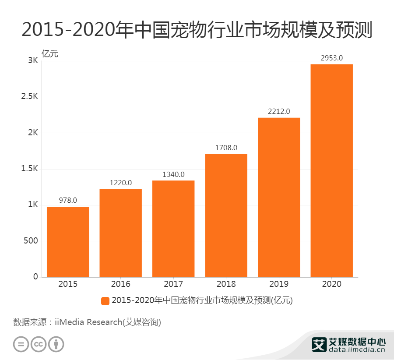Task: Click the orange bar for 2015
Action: click(68, 242)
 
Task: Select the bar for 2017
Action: click(173, 229)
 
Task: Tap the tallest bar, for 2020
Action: click(331, 171)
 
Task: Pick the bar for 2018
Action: click(226, 215)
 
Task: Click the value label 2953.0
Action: click(331, 58)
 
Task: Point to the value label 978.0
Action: click(68, 200)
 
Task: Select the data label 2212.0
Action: click(279, 111)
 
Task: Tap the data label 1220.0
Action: click(121, 183)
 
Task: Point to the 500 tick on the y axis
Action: click(30, 241)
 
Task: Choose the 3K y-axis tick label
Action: click(33, 61)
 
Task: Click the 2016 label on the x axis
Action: click(121, 284)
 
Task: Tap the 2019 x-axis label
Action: click(279, 284)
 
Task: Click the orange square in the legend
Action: click(105, 301)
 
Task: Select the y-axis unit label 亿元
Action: click(49, 54)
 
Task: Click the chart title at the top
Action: click(197, 30)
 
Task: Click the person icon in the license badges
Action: click(56, 344)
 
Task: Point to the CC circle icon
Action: click(39, 344)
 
